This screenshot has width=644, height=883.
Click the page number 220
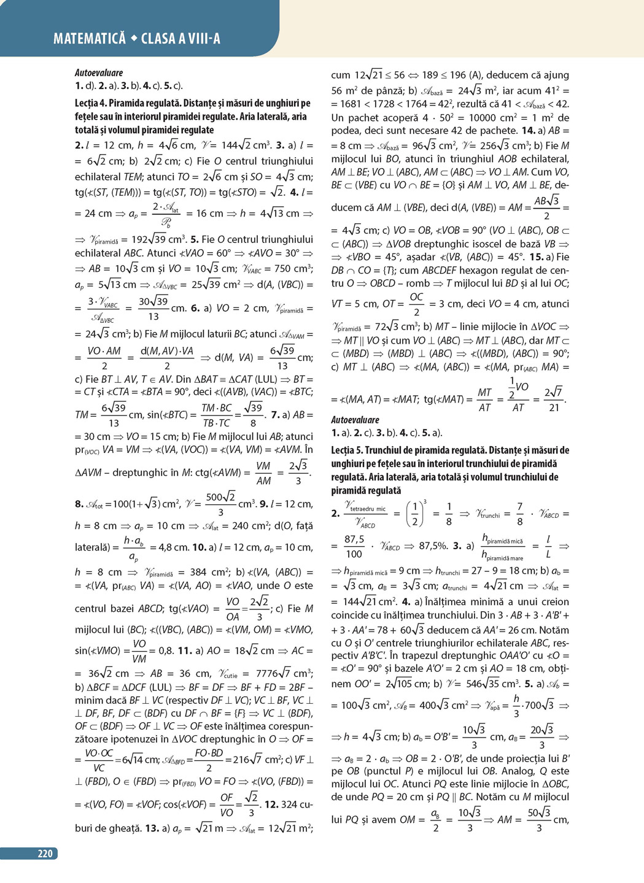coord(45,854)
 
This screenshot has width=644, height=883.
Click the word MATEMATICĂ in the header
coord(89,39)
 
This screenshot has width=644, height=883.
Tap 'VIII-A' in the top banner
coord(200,39)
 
